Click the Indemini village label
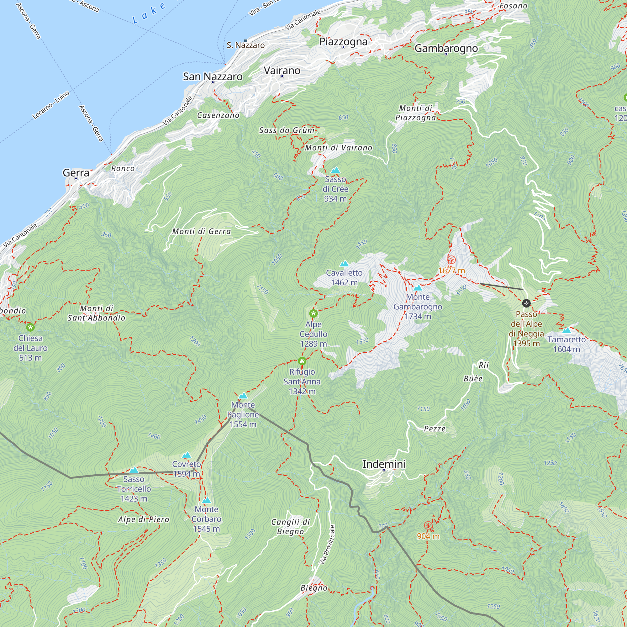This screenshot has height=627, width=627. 384,464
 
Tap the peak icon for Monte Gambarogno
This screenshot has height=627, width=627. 418,288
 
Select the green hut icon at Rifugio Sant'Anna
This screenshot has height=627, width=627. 302,361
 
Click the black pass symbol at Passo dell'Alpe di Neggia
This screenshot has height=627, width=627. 526,303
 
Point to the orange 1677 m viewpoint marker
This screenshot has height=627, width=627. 451,260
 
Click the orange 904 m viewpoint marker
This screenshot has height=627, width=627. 428,526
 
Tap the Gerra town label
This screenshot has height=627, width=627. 76,173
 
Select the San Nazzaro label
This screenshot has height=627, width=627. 213,76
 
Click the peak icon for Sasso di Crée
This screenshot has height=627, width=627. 335,170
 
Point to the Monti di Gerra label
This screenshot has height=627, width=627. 202,231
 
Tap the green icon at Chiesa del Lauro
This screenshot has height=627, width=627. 30,327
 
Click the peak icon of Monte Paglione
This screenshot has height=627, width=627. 243,396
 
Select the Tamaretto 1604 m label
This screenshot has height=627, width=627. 566,344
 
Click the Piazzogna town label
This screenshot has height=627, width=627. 343,42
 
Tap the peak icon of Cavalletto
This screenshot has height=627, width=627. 344,264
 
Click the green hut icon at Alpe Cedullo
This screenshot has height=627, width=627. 313,313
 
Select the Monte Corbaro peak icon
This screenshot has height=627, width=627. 206,500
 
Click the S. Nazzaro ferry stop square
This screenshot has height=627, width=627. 246,41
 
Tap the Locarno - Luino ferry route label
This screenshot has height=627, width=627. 51,105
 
